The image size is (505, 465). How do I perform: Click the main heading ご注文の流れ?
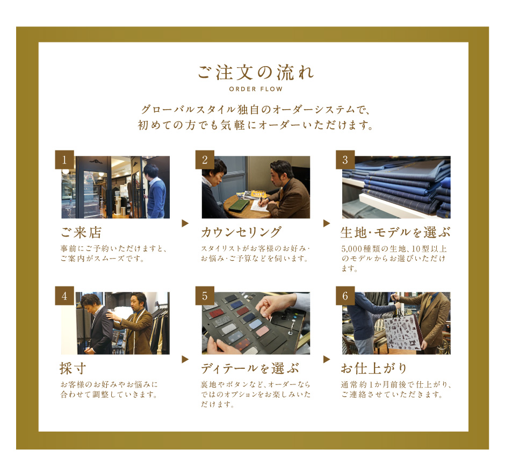tap(256, 72)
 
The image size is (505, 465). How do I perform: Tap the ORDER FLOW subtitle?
tap(256, 89)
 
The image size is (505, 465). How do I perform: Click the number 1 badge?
tap(64, 160)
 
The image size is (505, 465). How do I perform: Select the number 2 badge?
tap(205, 160)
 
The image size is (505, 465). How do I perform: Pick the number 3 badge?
tap(345, 160)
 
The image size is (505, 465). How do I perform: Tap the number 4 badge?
tap(64, 296)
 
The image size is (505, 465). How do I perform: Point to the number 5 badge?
tap(205, 296)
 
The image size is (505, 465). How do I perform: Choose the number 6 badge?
tap(345, 296)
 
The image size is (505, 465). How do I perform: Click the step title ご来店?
tap(81, 232)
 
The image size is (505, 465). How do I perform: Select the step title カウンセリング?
tap(241, 232)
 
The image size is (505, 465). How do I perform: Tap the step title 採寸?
tap(73, 368)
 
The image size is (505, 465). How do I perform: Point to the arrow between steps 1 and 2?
tap(185, 223)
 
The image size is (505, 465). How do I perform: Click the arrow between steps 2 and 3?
tap(327, 223)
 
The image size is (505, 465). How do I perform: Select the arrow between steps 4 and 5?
tap(185, 359)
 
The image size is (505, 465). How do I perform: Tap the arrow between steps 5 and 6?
tap(327, 359)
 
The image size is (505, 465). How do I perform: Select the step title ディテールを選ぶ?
tap(250, 368)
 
